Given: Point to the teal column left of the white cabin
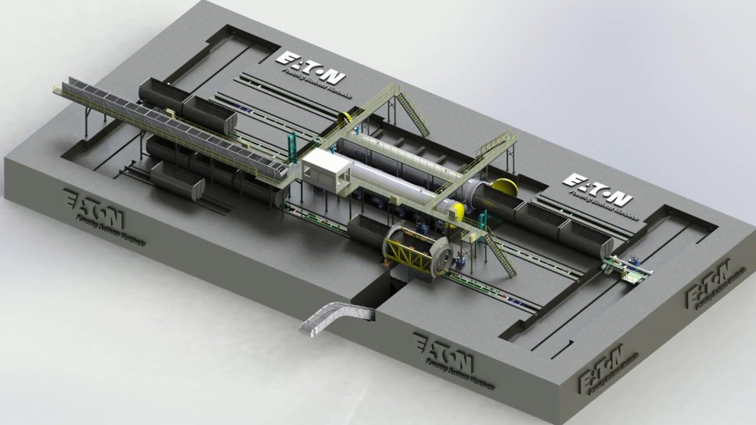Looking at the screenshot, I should [291, 148].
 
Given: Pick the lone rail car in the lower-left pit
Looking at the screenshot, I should [177, 179].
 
